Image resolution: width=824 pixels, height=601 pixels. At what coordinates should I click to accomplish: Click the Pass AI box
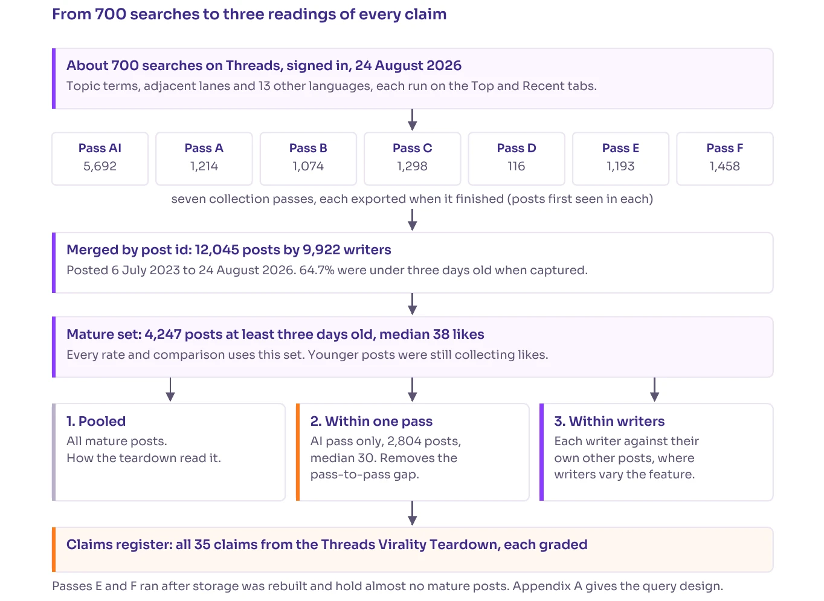pos(100,159)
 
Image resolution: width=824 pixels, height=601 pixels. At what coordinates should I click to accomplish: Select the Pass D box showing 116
pos(517,159)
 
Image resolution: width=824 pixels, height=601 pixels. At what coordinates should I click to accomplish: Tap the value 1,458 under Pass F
pos(725,166)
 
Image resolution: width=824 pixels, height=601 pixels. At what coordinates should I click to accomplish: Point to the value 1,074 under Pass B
pos(308,166)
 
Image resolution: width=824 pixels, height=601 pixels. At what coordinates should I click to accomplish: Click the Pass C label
pos(413,148)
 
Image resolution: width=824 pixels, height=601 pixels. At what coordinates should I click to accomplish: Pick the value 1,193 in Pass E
pos(620,166)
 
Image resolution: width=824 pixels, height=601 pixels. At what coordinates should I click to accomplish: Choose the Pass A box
pos(204,159)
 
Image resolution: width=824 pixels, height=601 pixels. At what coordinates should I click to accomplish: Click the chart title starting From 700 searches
pos(249,14)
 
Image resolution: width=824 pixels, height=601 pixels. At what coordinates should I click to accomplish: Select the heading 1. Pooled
pos(96,421)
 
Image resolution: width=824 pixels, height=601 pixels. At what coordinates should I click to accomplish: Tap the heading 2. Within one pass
pos(372,421)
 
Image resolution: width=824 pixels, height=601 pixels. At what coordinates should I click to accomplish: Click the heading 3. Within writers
pos(610,421)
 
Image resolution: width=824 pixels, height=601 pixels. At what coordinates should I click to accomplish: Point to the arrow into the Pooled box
pos(170,390)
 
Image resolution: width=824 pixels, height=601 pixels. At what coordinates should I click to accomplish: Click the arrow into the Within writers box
pos(654,390)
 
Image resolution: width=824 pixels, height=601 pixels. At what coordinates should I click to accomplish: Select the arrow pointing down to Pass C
pos(413,120)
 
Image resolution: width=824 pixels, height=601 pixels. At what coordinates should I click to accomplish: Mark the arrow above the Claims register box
pos(413,513)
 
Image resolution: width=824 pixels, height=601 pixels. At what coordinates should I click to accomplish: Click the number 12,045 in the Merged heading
pos(217,249)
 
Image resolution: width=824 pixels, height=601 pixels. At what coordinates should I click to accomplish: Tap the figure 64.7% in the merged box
pos(317,271)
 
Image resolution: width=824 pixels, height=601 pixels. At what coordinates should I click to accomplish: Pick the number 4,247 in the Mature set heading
pos(163,335)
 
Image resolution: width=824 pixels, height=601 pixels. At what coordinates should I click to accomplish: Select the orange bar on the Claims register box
pos(54,550)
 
